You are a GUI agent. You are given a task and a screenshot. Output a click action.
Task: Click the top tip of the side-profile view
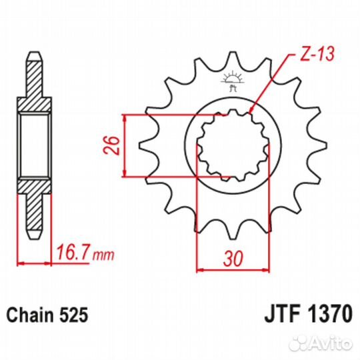pos(33,53)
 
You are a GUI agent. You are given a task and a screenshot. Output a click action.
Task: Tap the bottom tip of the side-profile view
pos(33,236)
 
